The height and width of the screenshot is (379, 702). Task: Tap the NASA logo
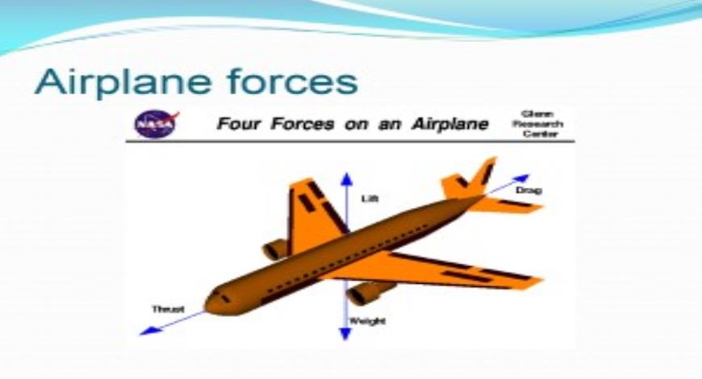click(150, 124)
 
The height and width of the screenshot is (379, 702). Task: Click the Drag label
click(528, 190)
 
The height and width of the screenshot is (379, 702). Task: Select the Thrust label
click(168, 309)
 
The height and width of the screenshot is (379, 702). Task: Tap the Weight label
click(367, 321)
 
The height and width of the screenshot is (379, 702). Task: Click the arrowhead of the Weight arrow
click(346, 333)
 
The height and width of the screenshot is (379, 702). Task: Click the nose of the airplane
click(211, 303)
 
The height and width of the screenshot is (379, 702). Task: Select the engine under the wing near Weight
click(368, 292)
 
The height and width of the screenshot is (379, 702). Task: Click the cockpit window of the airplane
click(224, 298)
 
